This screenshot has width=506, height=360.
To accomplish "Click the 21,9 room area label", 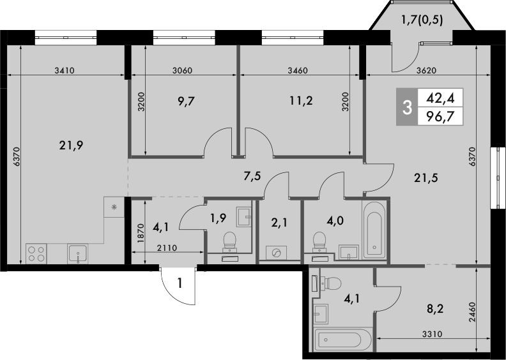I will pyautogui.click(x=71, y=145).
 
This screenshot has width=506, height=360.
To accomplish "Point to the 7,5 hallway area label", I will pyautogui.click(x=253, y=176).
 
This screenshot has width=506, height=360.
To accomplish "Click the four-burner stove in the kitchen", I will pyautogui.click(x=36, y=253).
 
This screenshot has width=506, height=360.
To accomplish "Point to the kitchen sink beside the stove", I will pyautogui.click(x=77, y=253).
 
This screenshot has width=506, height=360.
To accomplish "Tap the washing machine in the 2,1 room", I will pyautogui.click(x=275, y=253).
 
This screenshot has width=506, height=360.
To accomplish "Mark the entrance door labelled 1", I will pyautogui.click(x=179, y=285).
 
